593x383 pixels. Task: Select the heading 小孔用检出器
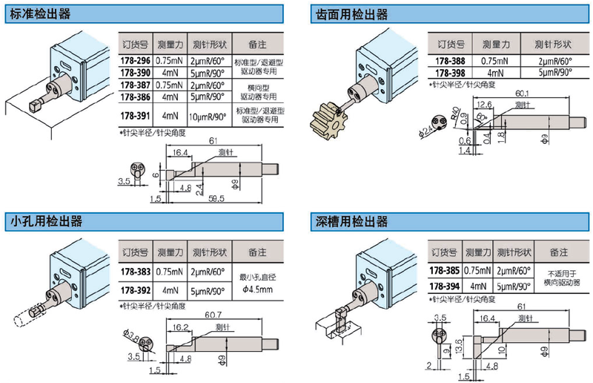pyautogui.click(x=44, y=221)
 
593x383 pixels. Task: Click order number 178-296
pyautogui.click(x=135, y=61)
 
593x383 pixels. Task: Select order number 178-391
pyautogui.click(x=135, y=116)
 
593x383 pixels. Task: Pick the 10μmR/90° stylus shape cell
pyautogui.click(x=210, y=117)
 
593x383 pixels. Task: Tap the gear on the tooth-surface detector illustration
pyautogui.click(x=331, y=120)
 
